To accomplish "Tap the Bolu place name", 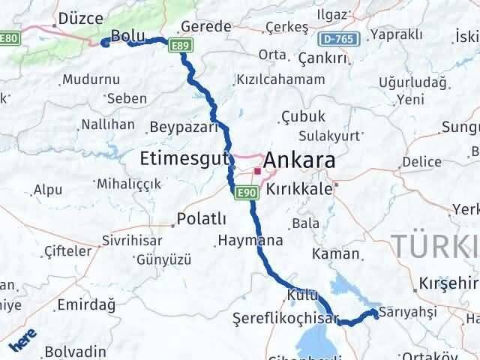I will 127,35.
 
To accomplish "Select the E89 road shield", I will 178,46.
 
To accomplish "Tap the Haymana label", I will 250,241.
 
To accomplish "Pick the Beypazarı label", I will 183,127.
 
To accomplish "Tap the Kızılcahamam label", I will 280,79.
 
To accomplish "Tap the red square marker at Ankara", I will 256,172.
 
